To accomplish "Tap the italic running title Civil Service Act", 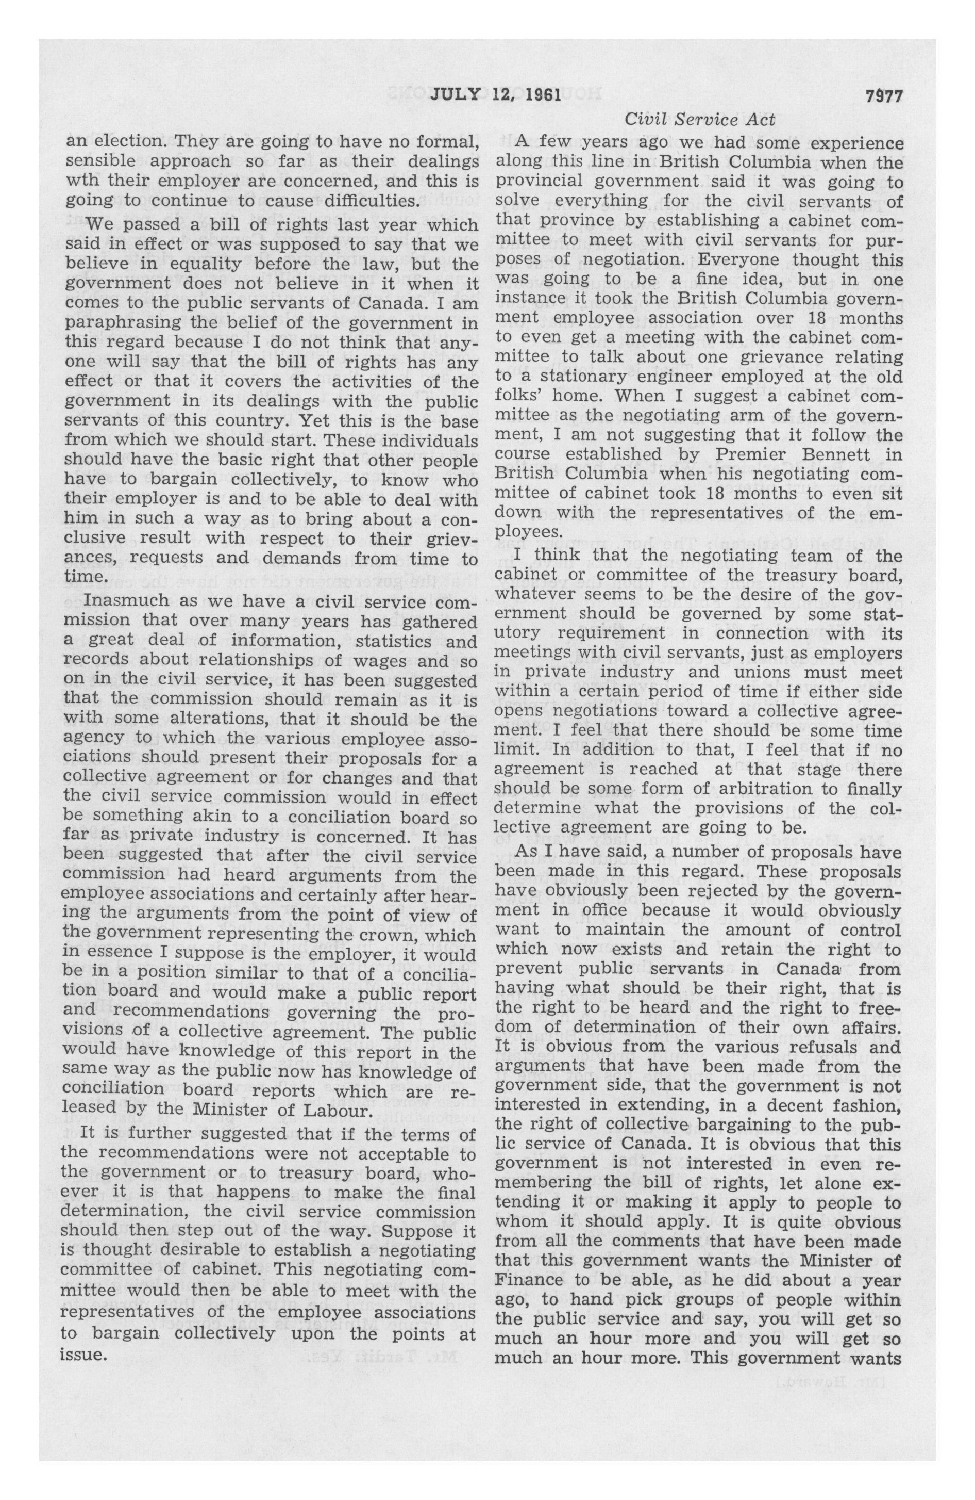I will [700, 119].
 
